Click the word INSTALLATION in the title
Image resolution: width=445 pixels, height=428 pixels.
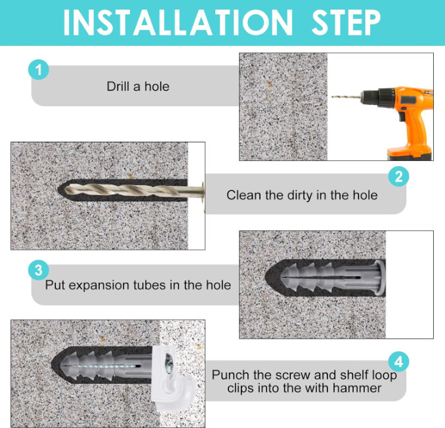pos(178,23)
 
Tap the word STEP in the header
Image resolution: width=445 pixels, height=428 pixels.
pos(346,23)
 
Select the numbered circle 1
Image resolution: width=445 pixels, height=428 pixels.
pos(39,70)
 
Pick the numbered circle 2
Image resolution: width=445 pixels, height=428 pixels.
pos(399,176)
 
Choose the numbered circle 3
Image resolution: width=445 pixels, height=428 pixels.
pos(39,270)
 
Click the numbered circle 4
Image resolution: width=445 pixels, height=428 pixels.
pos(399,362)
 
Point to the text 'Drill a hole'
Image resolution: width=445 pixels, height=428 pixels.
pos(138,86)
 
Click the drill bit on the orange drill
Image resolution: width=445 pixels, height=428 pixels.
pos(347,97)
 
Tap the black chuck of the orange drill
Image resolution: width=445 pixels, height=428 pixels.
pos(378,97)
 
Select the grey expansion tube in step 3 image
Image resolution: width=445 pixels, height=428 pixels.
pos(333,278)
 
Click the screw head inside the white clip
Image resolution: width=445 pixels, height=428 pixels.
pos(169,363)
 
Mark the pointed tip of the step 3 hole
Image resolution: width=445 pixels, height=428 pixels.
pos(265,277)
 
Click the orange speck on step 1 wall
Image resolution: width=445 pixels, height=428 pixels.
pos(270,84)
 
